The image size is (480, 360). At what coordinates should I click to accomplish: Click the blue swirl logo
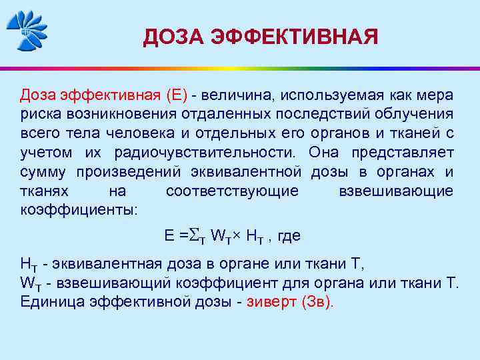pyautogui.click(x=27, y=29)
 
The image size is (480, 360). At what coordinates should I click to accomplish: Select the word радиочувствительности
pyautogui.click(x=208, y=152)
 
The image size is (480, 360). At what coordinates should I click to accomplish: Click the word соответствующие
pyautogui.click(x=232, y=191)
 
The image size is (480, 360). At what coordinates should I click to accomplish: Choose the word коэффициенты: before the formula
pyautogui.click(x=79, y=210)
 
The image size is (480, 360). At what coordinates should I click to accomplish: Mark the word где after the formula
pyautogui.click(x=289, y=235)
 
